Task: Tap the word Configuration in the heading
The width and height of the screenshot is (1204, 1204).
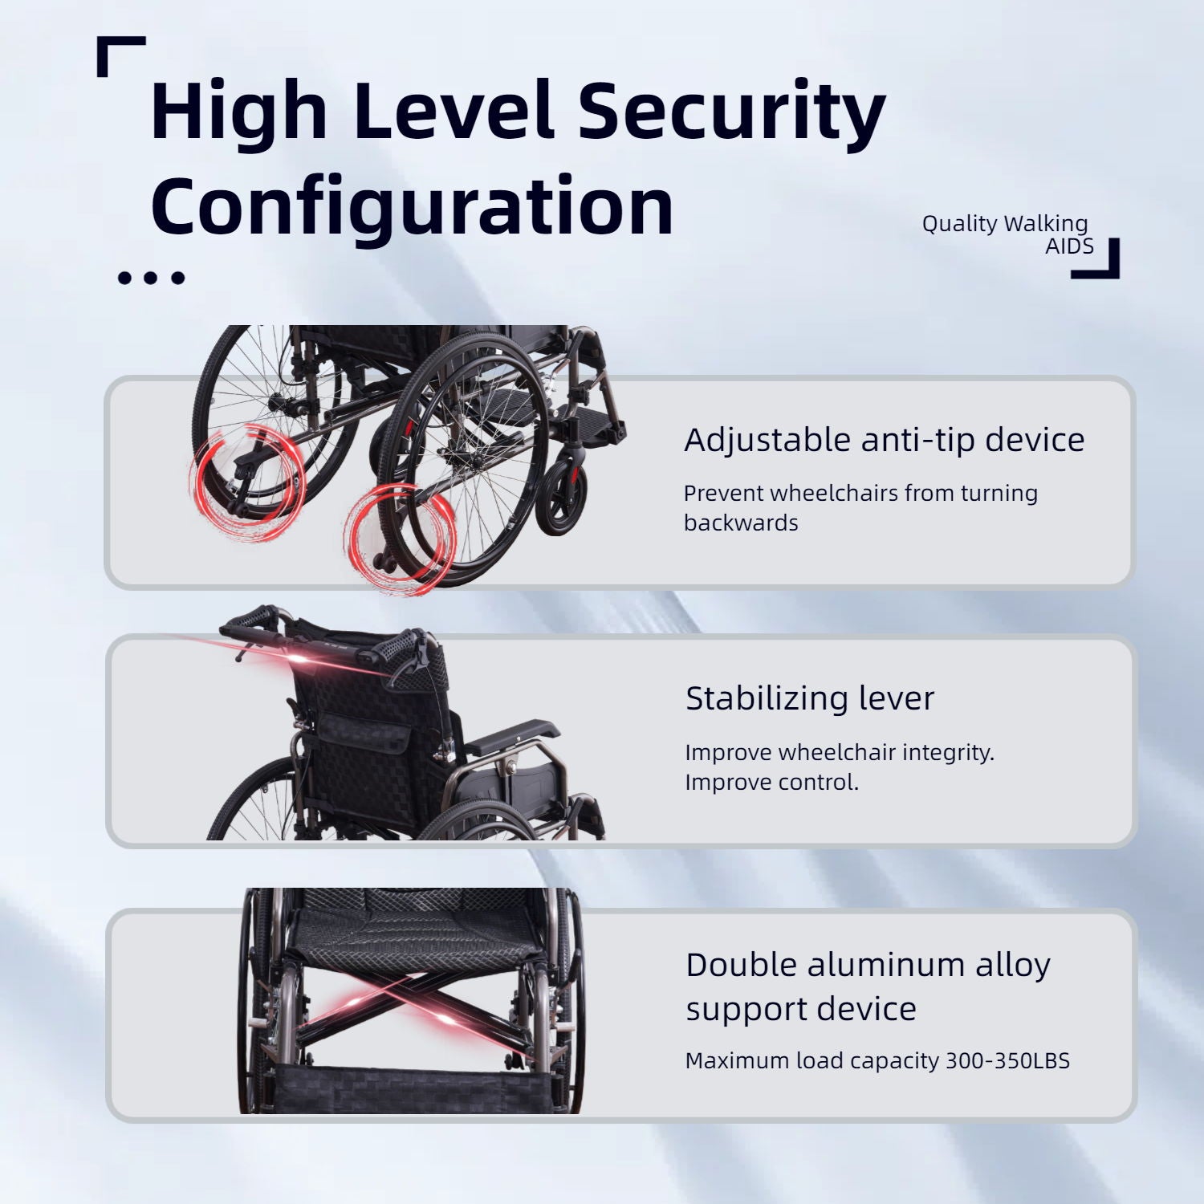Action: [412, 206]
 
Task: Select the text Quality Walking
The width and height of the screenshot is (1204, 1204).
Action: [1004, 223]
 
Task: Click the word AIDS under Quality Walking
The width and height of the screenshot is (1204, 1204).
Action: [1069, 246]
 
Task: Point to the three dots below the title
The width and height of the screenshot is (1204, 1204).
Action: [151, 279]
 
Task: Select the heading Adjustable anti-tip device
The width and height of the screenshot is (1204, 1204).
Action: [884, 440]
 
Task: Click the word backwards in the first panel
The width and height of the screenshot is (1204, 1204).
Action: [741, 523]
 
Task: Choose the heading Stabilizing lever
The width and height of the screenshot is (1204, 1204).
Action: [810, 698]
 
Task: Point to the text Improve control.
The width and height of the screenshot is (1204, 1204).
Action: [771, 782]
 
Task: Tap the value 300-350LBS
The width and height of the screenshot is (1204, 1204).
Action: [1007, 1060]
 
